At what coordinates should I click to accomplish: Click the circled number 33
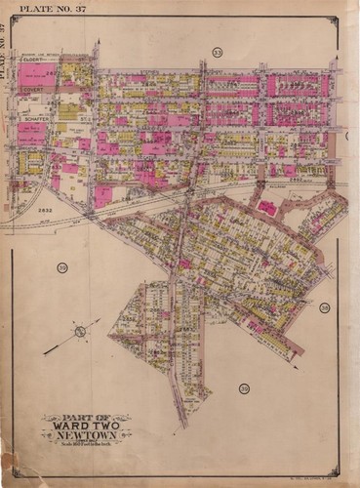(x=217, y=51)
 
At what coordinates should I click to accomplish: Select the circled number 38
(x=324, y=307)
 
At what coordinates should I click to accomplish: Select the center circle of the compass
(x=80, y=332)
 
